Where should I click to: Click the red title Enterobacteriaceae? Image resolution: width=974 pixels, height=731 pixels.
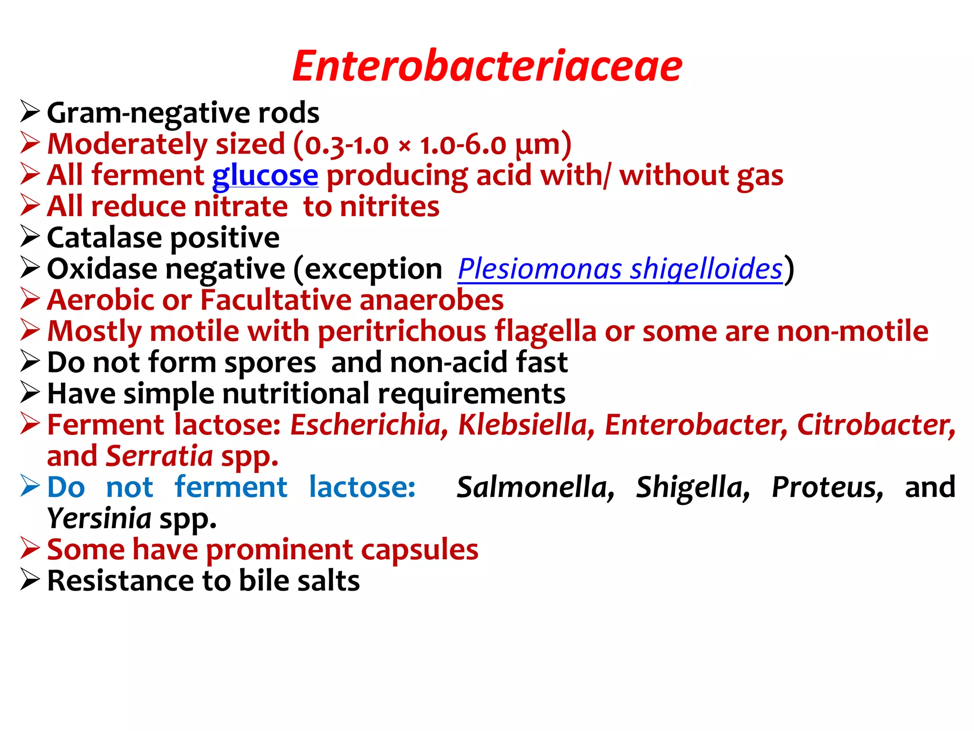click(x=487, y=67)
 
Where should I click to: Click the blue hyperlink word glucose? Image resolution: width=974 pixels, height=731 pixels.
click(x=265, y=176)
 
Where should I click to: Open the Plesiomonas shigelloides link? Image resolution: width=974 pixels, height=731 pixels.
click(x=620, y=269)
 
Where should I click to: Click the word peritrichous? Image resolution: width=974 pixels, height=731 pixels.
click(x=402, y=332)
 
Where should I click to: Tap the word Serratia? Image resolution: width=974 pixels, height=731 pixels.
click(x=159, y=456)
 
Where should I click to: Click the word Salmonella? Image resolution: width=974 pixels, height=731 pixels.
click(x=536, y=487)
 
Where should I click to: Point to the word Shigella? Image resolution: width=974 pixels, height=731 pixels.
click(x=693, y=487)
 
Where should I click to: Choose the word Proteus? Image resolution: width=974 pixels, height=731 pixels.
click(x=828, y=487)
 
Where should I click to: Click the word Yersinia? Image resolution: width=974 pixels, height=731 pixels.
click(x=99, y=519)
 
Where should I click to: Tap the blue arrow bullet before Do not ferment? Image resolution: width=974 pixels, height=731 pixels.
click(x=29, y=486)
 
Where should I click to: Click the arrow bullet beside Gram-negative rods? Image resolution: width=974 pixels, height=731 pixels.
click(x=29, y=112)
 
